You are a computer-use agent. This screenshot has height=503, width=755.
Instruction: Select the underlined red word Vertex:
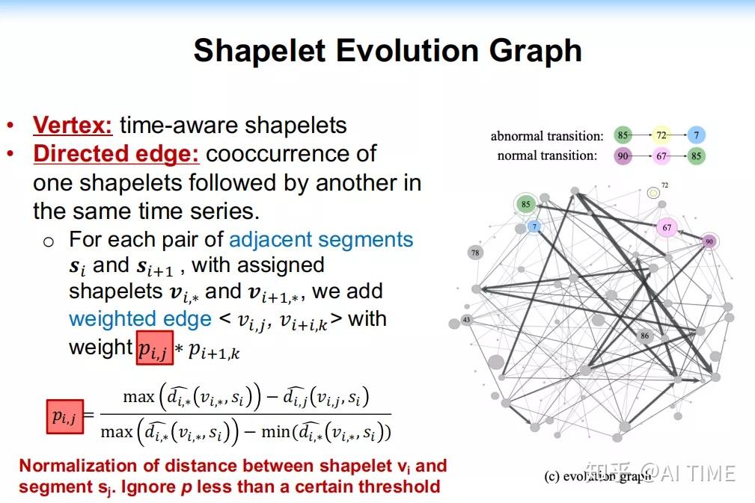pos(73,125)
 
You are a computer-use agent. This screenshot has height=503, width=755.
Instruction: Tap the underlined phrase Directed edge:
pos(116,154)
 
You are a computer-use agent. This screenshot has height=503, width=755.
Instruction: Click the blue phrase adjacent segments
pos(321,240)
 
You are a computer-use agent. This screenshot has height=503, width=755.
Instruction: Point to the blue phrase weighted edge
pos(140,320)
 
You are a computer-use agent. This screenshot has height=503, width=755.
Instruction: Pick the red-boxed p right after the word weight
pos(155,348)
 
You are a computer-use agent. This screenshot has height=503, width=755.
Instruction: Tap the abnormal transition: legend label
pos(546,136)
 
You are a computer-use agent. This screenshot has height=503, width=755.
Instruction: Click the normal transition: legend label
pos(547,155)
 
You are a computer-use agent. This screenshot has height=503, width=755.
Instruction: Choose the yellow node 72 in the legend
pos(661,136)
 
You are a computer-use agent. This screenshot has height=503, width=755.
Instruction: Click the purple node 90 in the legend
pos(623,155)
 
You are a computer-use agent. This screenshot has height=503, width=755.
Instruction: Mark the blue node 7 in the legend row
pos(697,136)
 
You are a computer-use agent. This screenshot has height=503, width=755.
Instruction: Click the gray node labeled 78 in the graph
pos(475,253)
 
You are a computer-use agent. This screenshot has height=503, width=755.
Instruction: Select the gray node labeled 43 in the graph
pos(466,320)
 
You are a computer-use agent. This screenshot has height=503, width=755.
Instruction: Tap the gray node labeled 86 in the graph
pos(644,336)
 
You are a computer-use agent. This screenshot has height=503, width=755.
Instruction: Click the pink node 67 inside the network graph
pos(667,227)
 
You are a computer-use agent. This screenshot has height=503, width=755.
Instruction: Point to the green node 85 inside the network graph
pos(525,204)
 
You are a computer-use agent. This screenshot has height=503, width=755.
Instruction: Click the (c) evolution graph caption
pos(596,476)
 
